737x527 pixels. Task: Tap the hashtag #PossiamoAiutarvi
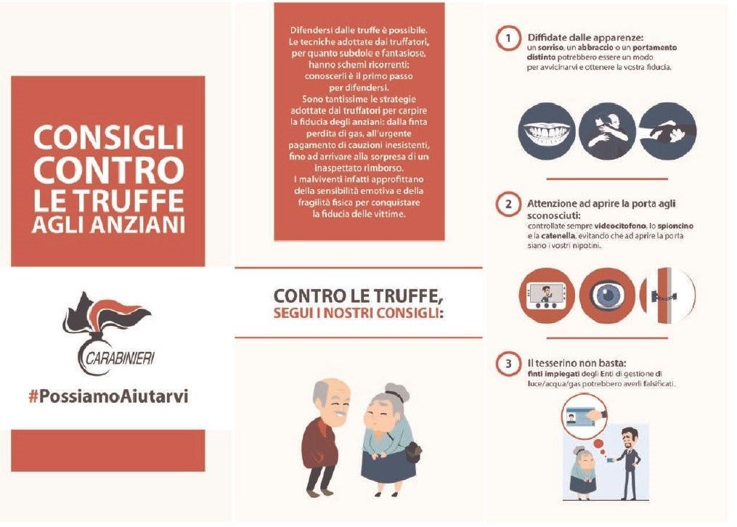pos(109,396)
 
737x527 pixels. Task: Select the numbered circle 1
pos(508,38)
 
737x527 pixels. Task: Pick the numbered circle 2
pos(508,204)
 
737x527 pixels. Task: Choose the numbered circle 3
pos(508,364)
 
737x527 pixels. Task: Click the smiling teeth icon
pos(547,131)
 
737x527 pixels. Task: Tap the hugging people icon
pos(607,131)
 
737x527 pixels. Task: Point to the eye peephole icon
pos(607,295)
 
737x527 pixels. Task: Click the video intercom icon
pos(547,295)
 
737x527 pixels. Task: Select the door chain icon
pos(667,295)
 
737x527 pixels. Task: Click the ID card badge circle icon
pos(585,414)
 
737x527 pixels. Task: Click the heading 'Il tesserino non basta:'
pos(577,363)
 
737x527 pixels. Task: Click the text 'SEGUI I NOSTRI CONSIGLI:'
pos(358,313)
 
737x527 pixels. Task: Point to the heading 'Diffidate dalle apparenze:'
pos(585,38)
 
